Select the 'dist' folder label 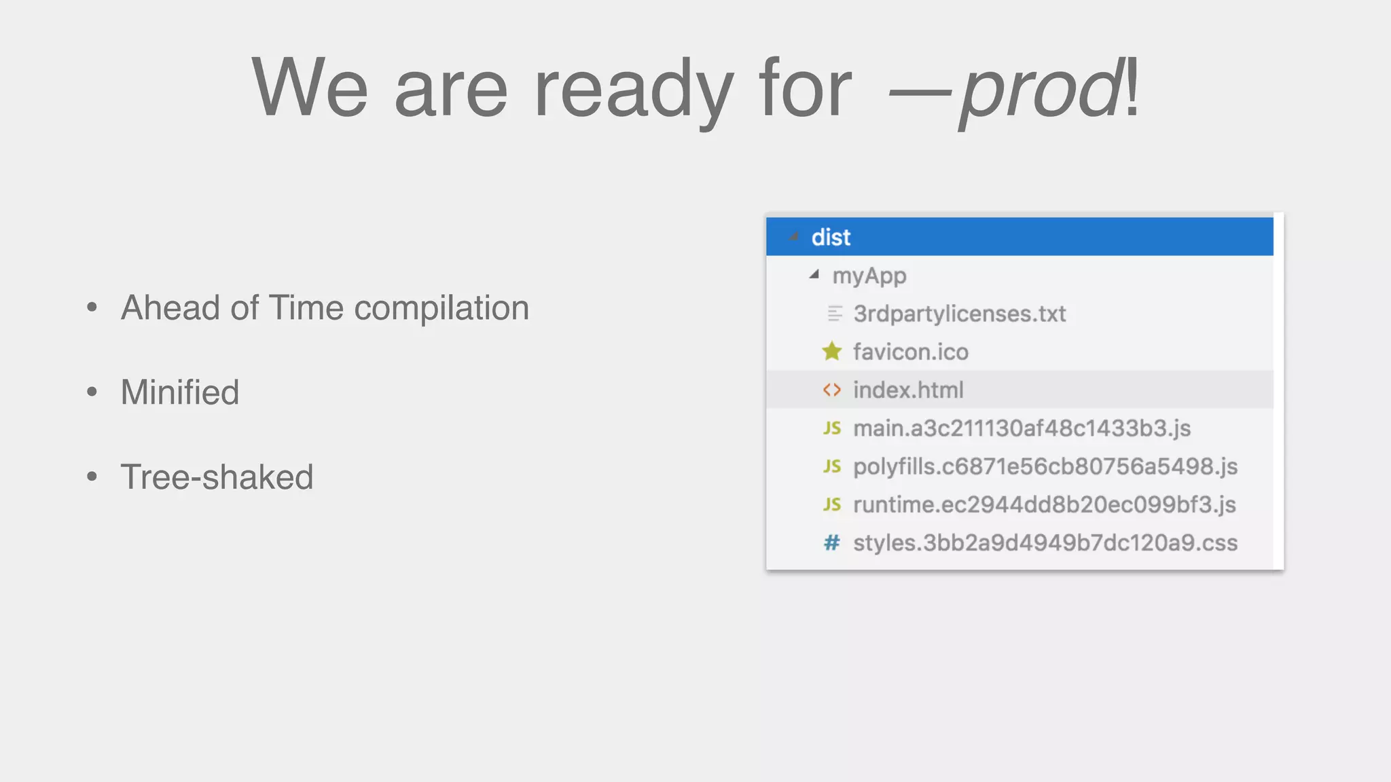coord(831,238)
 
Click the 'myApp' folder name coord(869,276)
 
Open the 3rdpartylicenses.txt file coord(959,314)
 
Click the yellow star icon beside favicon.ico coord(831,352)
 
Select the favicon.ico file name coord(910,352)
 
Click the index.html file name coord(908,390)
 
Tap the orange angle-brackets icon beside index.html coord(831,390)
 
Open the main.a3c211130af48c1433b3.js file coord(1022,428)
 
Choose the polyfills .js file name coord(1045,466)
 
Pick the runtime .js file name coord(1044,504)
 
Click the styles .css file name coord(1045,543)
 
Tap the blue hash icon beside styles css coord(831,543)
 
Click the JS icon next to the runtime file coord(831,504)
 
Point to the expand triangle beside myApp coord(814,275)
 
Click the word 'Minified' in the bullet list coord(180,392)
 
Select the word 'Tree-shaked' coord(217,477)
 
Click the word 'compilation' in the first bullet coord(441,308)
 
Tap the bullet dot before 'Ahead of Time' coord(92,308)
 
